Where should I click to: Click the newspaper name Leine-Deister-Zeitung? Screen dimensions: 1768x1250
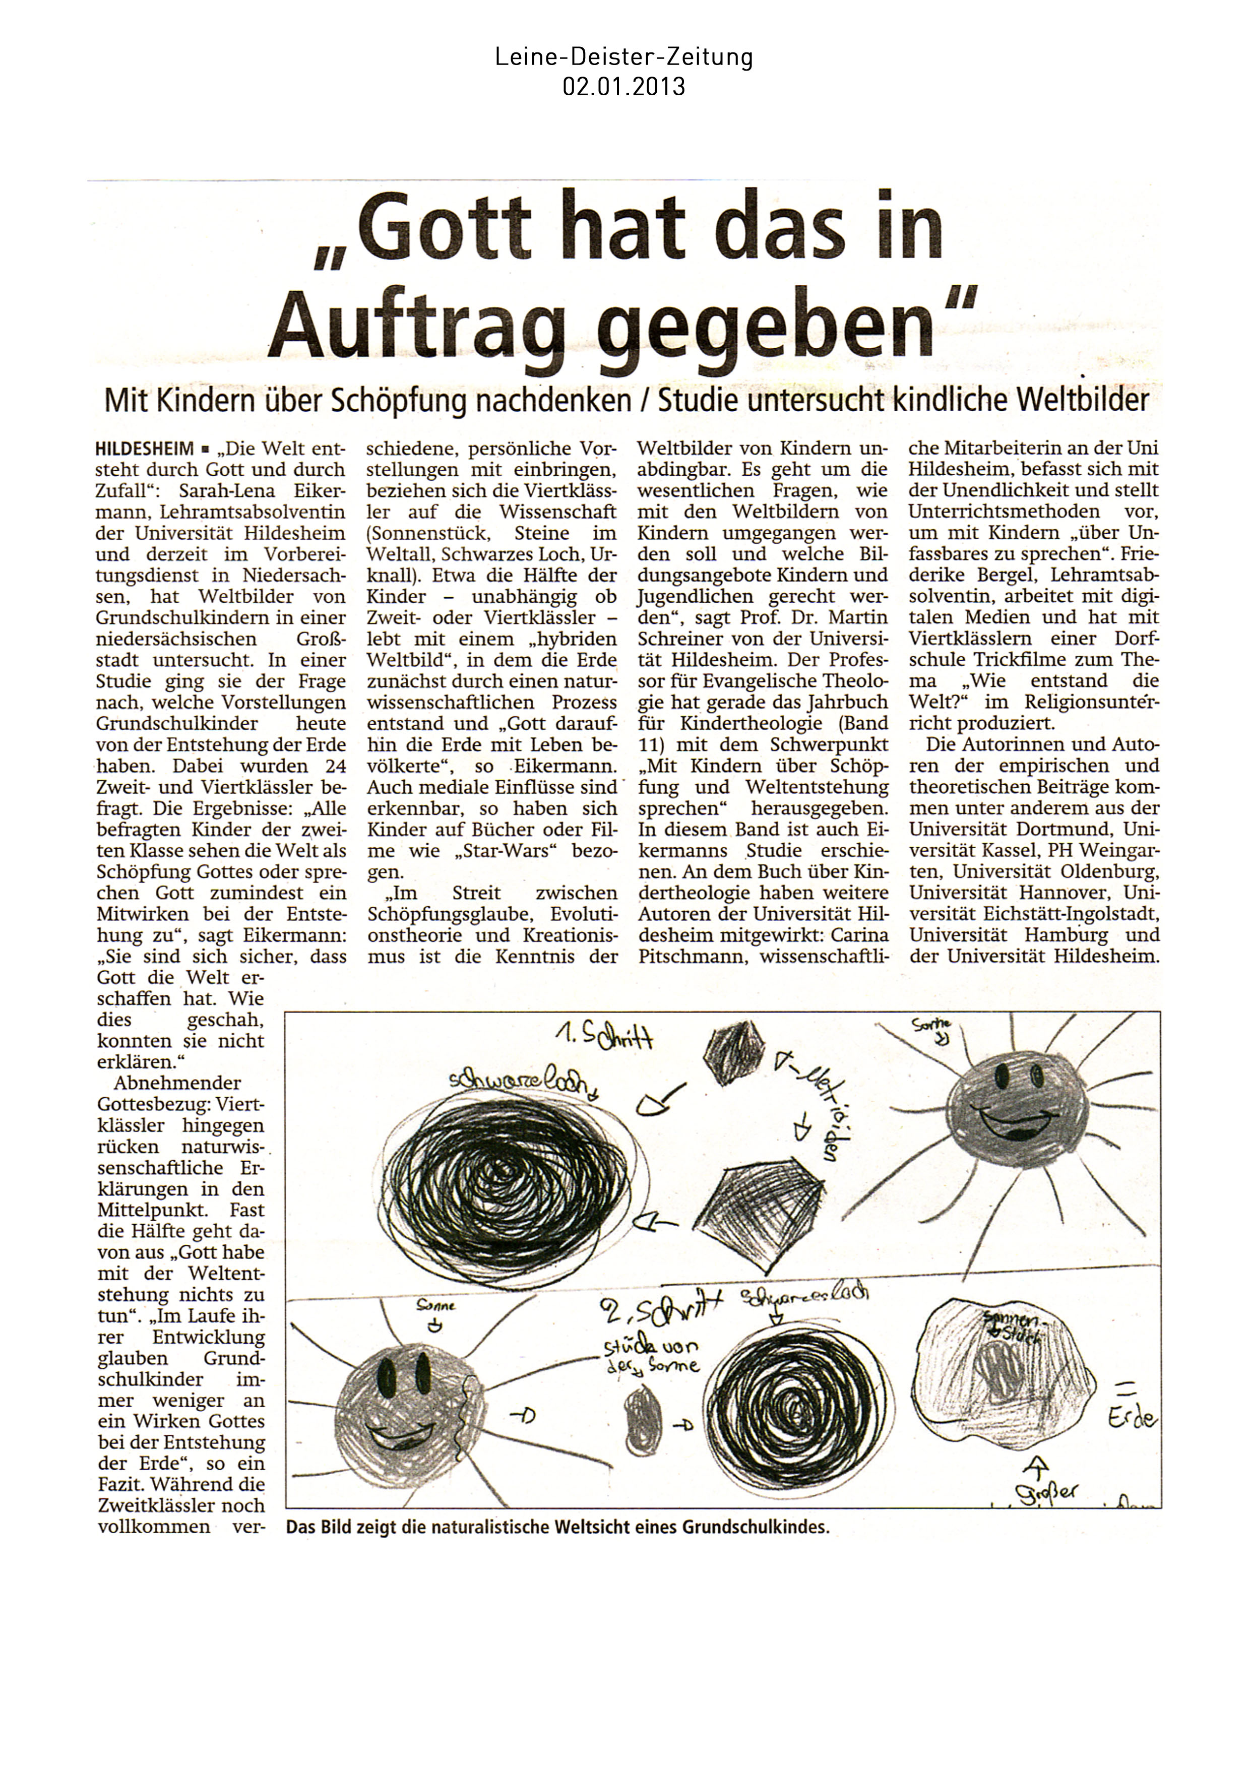click(624, 57)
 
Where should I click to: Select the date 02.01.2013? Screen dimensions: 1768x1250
click(624, 86)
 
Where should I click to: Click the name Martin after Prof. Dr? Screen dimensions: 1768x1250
click(854, 617)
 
